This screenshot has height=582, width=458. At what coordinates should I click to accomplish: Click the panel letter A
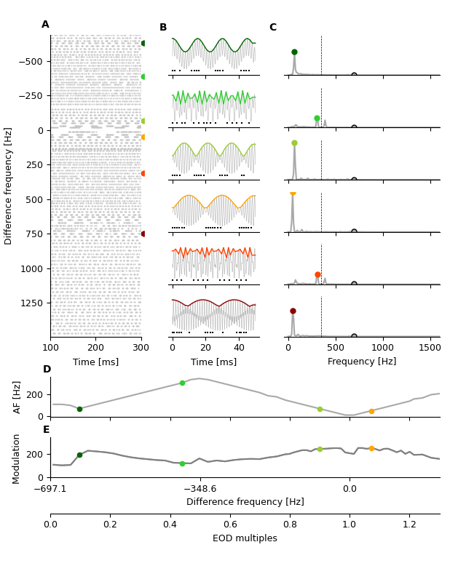[45, 25]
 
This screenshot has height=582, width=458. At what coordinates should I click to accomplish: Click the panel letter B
[163, 28]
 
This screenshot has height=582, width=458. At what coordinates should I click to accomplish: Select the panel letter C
[273, 28]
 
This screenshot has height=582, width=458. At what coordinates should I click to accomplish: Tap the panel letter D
[47, 370]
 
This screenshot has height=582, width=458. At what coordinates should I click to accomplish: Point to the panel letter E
[47, 430]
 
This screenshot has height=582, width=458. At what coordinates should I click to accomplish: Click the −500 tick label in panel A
[31, 62]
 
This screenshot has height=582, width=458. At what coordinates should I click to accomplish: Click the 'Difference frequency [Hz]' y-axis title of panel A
[9, 186]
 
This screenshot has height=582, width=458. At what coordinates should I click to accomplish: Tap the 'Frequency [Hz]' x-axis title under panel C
[362, 362]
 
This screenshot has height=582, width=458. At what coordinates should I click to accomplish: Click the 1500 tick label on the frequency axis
[430, 348]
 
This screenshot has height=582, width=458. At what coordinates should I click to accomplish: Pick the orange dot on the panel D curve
[371, 411]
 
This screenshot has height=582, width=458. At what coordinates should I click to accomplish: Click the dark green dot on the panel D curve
[79, 409]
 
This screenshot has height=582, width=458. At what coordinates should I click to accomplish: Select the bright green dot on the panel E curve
[182, 463]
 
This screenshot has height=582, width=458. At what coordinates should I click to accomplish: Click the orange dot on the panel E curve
[371, 449]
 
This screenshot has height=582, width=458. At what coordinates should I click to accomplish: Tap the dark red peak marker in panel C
[293, 311]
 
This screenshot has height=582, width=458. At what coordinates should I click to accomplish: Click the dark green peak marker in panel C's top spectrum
[294, 52]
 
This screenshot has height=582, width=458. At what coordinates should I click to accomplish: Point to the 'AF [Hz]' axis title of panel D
[17, 396]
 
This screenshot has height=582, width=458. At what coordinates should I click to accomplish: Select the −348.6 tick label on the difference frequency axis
[200, 490]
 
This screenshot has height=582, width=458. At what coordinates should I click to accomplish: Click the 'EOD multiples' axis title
[245, 538]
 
